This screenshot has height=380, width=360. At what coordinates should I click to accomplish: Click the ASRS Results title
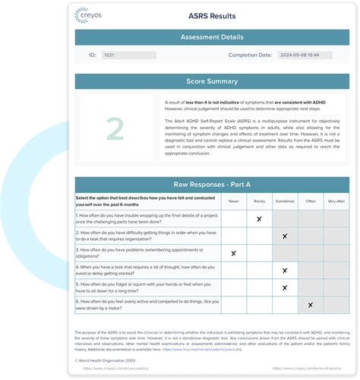(x=216, y=14)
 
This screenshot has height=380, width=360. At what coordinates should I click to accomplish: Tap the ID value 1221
(x=109, y=55)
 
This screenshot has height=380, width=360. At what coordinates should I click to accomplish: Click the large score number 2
(x=115, y=129)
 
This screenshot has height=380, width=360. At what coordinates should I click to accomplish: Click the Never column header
(x=233, y=201)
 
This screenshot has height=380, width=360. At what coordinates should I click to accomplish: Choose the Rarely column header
(x=259, y=201)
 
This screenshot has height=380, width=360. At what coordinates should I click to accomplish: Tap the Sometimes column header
(x=285, y=201)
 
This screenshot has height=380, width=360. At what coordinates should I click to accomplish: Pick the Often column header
(x=311, y=201)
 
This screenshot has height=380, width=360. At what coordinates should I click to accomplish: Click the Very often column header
(x=335, y=201)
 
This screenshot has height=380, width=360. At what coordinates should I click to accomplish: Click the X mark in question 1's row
(x=259, y=219)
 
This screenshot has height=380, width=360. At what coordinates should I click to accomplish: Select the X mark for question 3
(x=233, y=253)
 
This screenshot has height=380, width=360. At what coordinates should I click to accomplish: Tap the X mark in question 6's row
(x=311, y=306)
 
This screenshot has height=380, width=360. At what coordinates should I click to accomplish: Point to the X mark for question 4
(x=285, y=271)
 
